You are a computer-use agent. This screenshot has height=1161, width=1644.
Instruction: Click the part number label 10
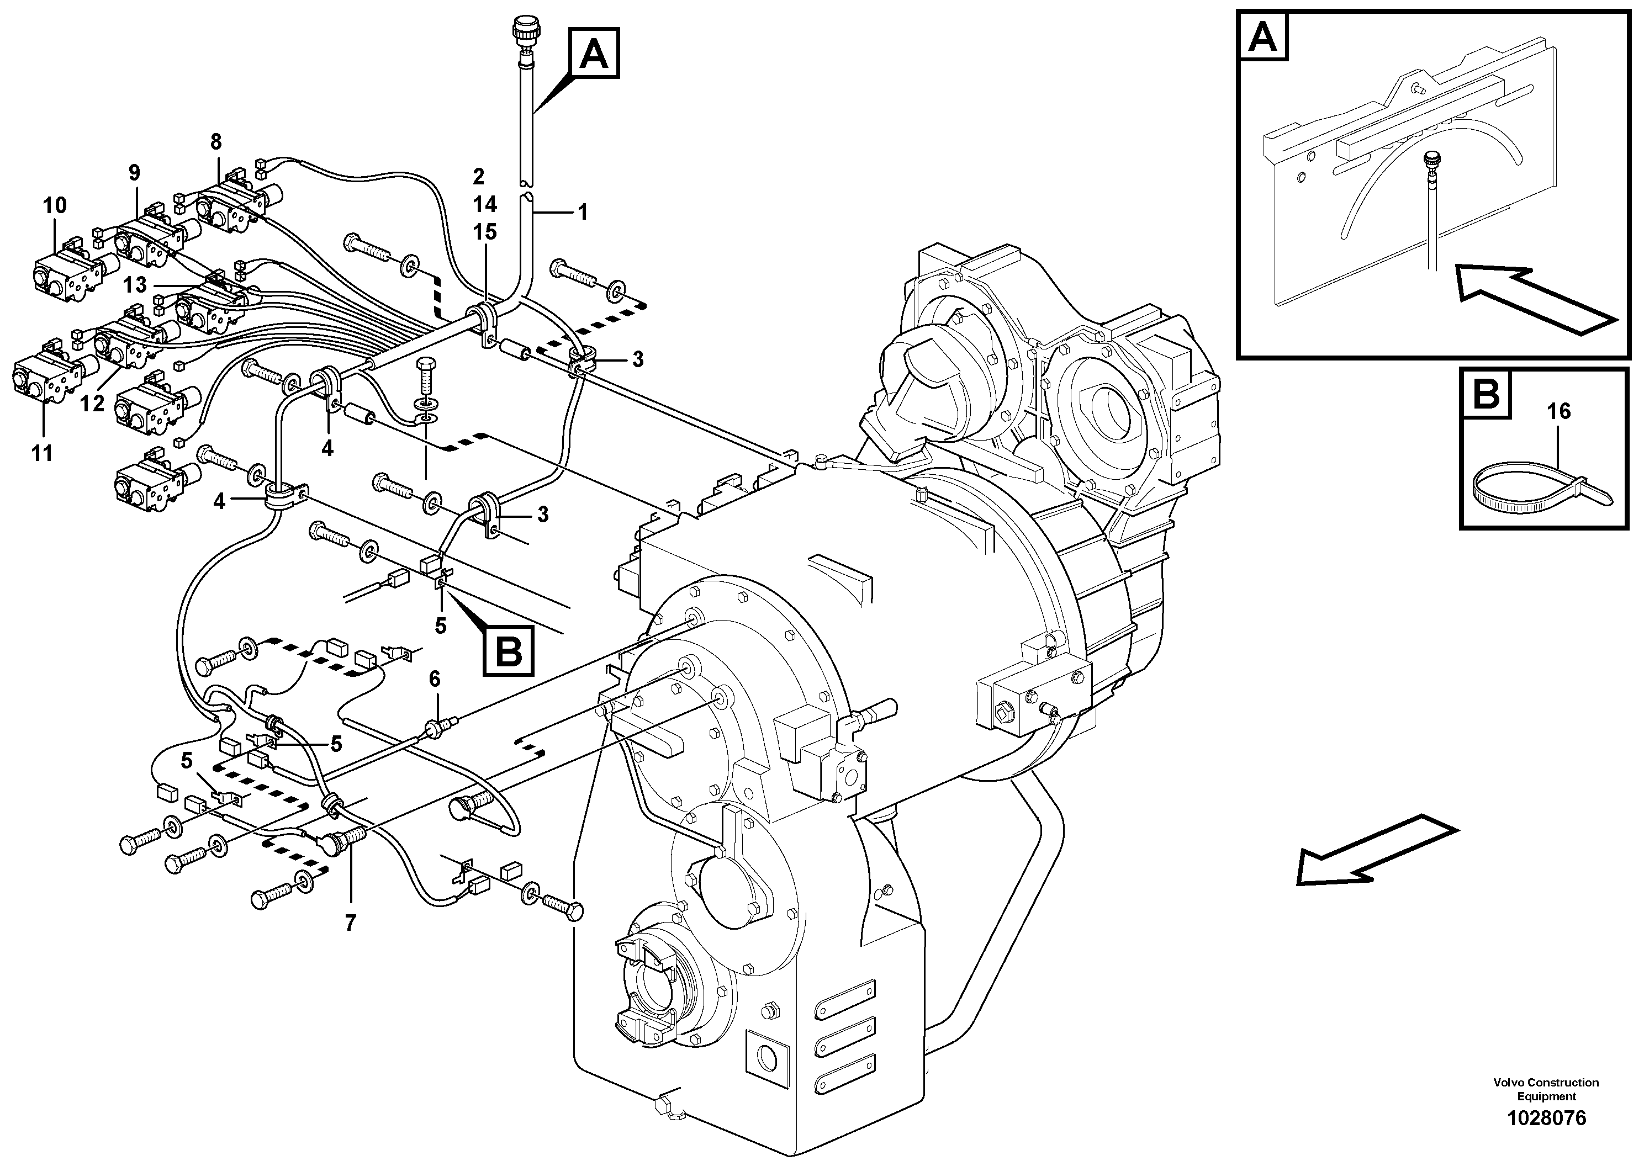pyautogui.click(x=55, y=205)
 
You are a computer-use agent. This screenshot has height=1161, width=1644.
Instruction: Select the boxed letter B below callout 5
pyautogui.click(x=509, y=651)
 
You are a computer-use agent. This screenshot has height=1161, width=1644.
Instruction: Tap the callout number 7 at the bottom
pyautogui.click(x=350, y=924)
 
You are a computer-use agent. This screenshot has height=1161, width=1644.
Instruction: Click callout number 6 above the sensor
pyautogui.click(x=435, y=678)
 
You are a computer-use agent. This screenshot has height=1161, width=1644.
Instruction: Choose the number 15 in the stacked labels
pyautogui.click(x=484, y=232)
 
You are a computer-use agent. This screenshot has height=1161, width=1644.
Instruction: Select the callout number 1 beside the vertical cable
pyautogui.click(x=582, y=212)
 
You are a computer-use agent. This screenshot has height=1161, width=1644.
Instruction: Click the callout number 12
pyautogui.click(x=92, y=403)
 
